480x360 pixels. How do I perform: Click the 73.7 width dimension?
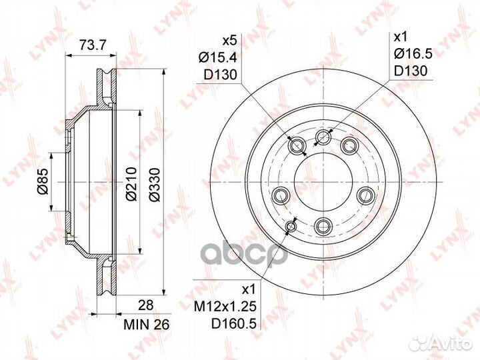(x=93, y=45)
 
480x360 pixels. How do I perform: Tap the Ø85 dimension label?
(x=43, y=181)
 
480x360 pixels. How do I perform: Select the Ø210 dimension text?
(x=131, y=184)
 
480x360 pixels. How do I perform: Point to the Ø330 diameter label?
(x=155, y=184)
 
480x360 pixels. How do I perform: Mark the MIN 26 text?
(x=146, y=325)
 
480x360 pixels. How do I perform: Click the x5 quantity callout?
(x=229, y=41)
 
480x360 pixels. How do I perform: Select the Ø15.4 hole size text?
(x=217, y=57)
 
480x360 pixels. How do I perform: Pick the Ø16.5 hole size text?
(x=413, y=54)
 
